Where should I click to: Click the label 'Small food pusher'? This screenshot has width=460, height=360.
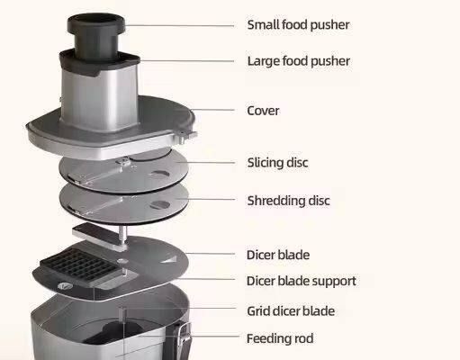298,25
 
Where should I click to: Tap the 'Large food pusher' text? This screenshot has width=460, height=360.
299,61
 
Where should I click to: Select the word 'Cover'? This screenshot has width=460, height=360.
263,111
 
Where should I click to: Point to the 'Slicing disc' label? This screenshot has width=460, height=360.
277,163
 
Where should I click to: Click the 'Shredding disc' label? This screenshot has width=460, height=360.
288,201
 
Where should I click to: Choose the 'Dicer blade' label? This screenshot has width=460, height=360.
278,255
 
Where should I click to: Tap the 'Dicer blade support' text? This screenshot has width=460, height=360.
302,281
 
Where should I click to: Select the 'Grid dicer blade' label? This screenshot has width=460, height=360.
291,310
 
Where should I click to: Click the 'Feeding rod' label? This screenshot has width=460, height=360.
280,338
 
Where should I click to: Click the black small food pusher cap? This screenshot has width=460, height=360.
96,23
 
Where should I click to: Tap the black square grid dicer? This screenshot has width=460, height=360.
80,264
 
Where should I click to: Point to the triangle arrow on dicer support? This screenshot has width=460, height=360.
169,258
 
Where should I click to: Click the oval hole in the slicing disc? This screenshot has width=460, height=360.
160,175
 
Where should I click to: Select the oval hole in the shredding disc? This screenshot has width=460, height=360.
159,205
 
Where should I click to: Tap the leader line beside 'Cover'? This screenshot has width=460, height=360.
212,110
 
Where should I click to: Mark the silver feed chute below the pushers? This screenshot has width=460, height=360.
100,97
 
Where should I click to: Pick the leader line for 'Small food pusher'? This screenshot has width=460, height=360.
179,25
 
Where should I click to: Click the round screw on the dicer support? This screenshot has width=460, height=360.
65,286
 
